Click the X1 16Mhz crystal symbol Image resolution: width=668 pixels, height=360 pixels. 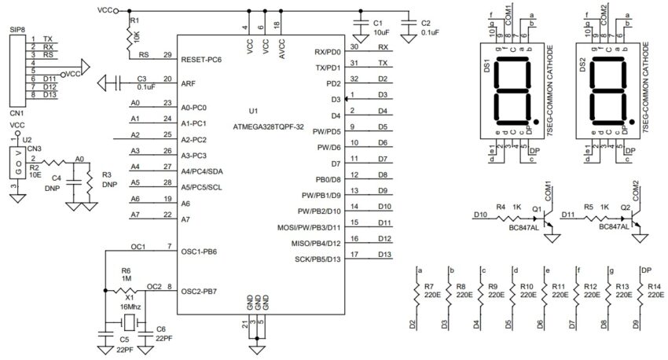click(x=127, y=323)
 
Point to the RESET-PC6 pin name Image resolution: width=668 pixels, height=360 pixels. click(x=202, y=59)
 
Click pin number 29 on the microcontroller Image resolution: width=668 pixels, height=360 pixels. click(x=167, y=55)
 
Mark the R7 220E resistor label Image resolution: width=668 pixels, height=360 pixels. click(x=429, y=292)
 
